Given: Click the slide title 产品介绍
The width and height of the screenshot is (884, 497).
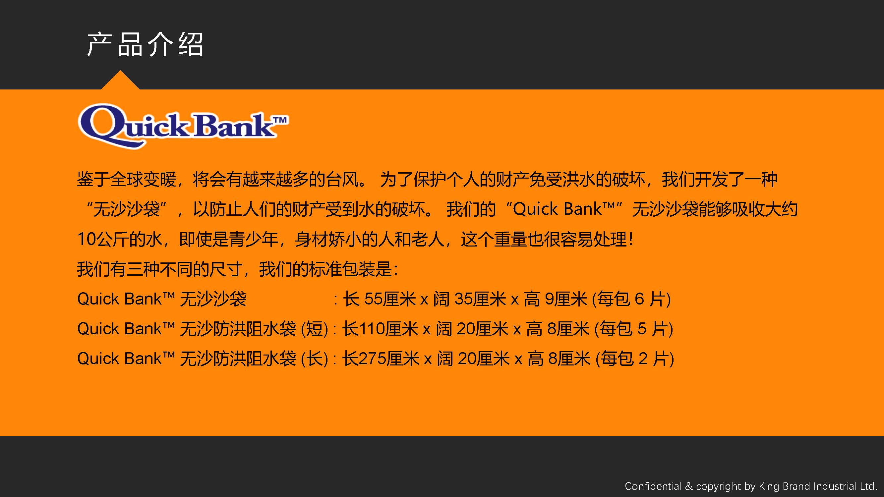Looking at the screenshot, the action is click(x=145, y=45).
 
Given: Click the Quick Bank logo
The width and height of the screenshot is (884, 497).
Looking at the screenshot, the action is click(x=183, y=126).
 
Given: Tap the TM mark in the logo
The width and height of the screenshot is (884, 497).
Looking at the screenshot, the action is click(x=280, y=120).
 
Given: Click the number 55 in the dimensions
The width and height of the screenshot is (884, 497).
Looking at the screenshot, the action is click(x=373, y=299).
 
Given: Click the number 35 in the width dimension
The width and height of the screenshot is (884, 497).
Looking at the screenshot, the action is click(x=464, y=299).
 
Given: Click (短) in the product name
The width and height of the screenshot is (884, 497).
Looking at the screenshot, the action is click(x=314, y=329).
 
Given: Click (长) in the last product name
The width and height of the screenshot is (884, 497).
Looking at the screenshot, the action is click(x=314, y=359).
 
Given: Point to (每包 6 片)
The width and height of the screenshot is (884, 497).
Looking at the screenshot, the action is click(x=631, y=299).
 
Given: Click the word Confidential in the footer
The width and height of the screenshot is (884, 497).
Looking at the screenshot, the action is click(x=653, y=486).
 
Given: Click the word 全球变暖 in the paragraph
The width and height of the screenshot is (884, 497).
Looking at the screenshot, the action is click(x=144, y=179).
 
